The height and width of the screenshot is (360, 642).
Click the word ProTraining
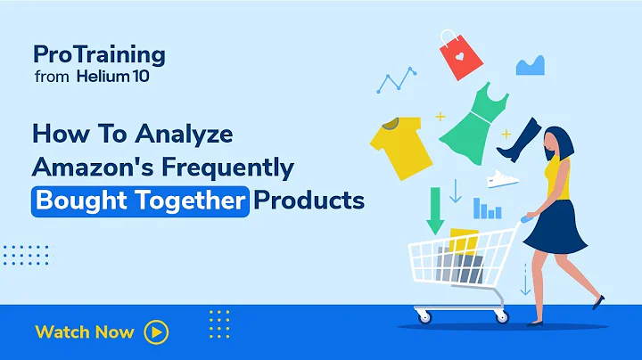[x=99, y=54]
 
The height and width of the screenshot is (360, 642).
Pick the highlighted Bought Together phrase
[x=141, y=200]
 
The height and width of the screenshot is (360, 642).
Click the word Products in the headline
[x=309, y=200]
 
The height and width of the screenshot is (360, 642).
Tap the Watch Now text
[x=85, y=332]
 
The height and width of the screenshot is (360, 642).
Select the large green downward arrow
[x=435, y=206]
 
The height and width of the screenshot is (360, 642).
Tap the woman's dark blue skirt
[x=555, y=227]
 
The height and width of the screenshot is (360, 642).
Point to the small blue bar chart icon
[x=486, y=209]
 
